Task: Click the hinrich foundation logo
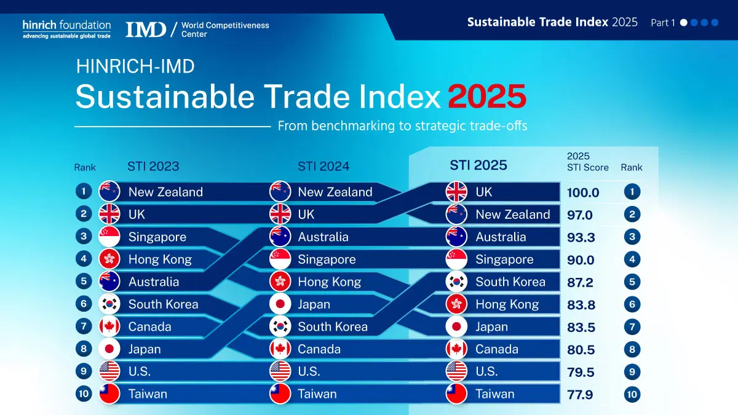66,29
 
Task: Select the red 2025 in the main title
486,97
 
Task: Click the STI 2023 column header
153,166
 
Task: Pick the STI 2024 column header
323,166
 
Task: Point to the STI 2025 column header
478,165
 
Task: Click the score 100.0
582,192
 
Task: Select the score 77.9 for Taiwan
580,395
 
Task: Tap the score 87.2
581,282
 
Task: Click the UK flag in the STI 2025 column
456,192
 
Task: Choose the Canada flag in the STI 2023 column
109,326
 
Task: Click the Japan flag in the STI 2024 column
280,304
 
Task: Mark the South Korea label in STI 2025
510,282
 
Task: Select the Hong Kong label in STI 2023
160,259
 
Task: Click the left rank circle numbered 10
84,394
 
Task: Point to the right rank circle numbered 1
632,192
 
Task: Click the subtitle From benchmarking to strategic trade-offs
402,126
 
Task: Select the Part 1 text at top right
663,23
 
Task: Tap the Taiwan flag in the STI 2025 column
456,394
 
